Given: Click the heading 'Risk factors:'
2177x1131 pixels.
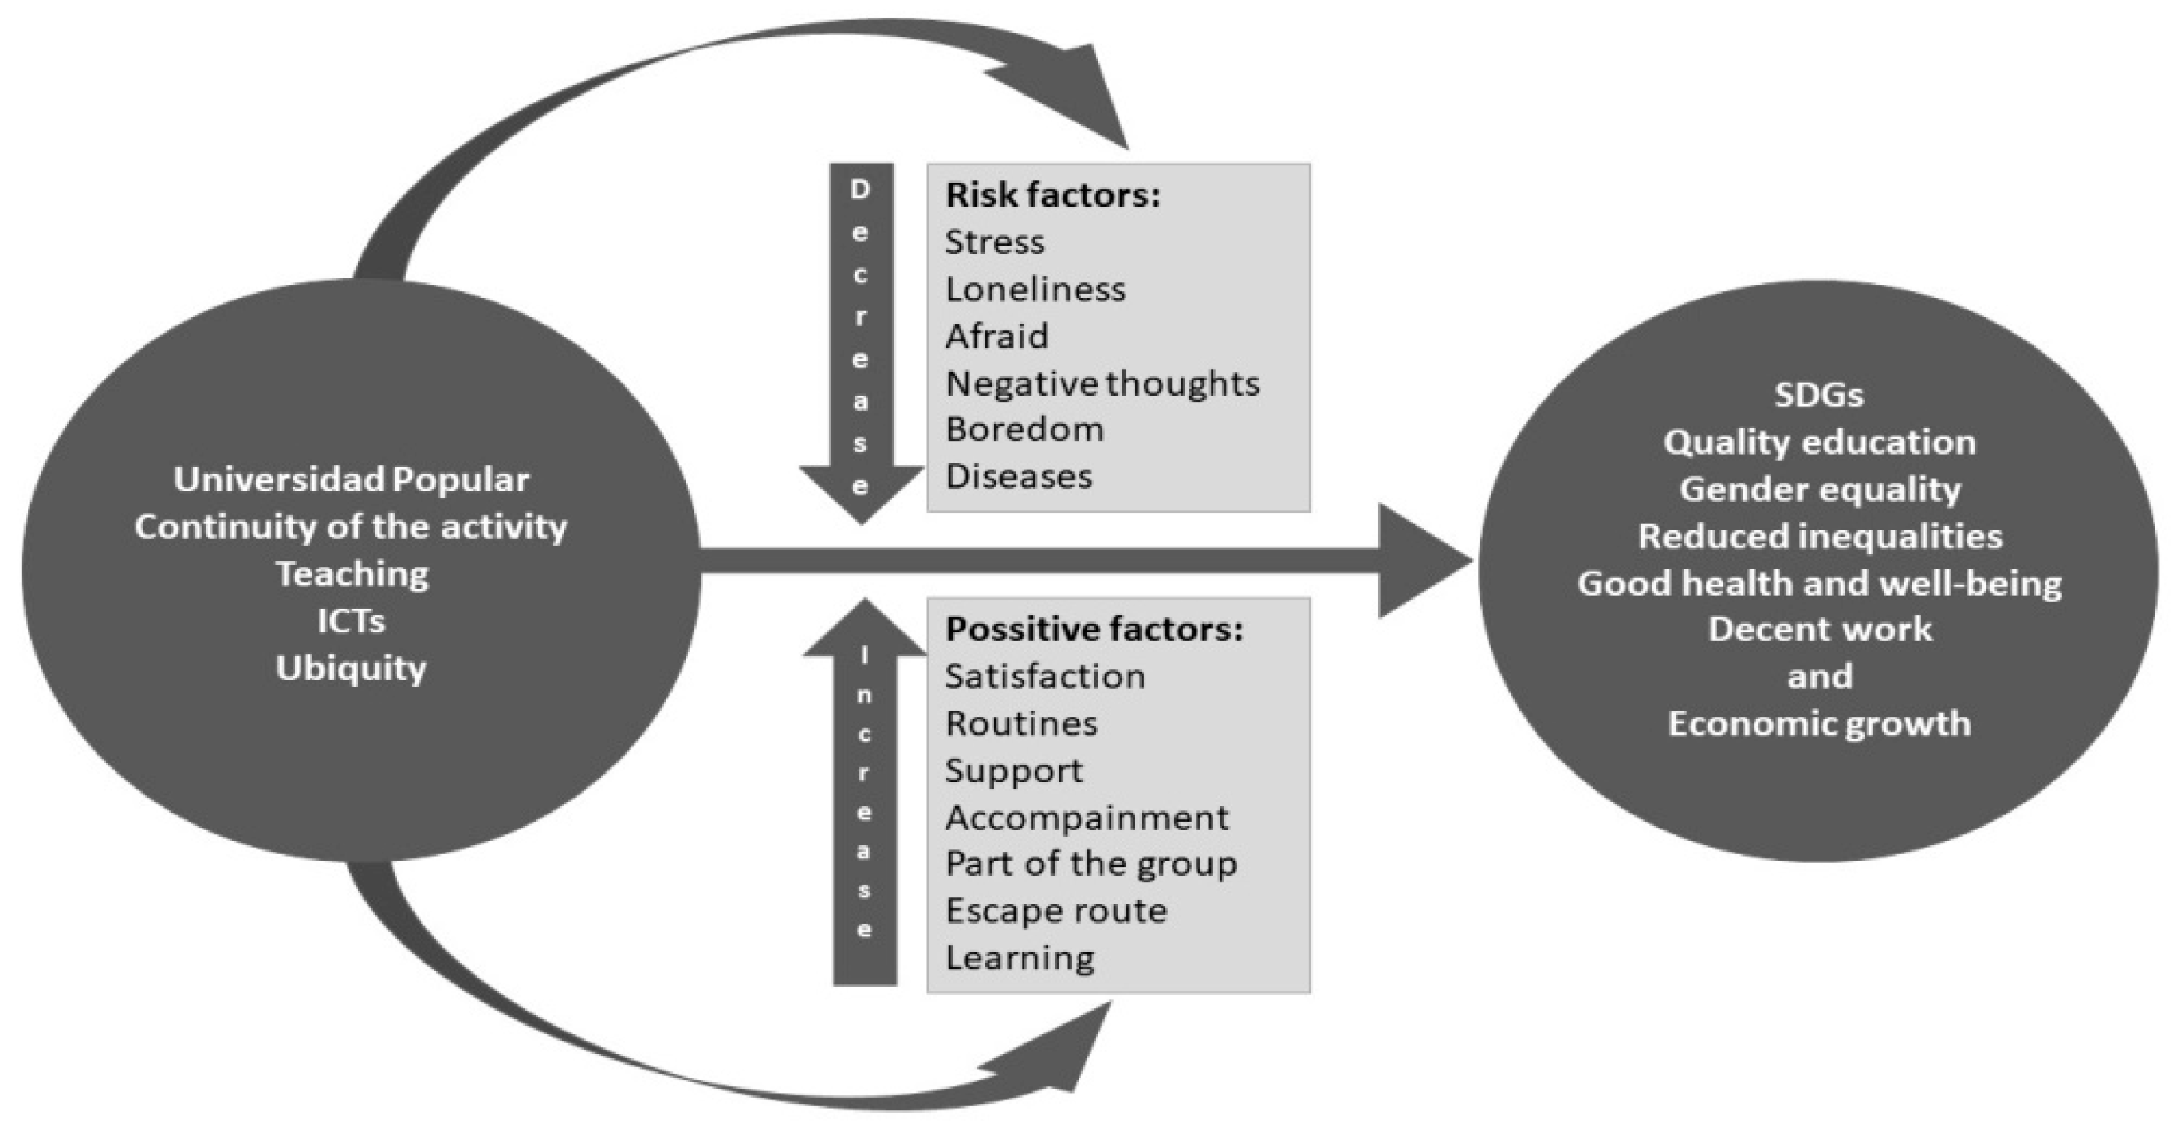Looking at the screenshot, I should [1052, 195].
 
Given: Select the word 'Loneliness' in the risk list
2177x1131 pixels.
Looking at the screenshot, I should [1035, 290].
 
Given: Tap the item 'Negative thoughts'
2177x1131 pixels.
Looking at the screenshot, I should [1102, 384].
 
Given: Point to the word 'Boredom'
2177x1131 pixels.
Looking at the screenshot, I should [1024, 429].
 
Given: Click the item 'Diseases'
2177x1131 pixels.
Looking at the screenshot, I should [1019, 477].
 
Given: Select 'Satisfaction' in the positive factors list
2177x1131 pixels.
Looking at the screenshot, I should [1044, 676].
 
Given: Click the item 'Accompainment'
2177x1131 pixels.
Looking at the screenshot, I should [1087, 818].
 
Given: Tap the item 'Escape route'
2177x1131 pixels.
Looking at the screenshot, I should [1055, 910].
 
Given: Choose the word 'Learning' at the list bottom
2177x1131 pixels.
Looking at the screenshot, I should [1020, 958].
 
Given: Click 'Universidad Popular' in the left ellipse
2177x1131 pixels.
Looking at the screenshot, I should [351, 480].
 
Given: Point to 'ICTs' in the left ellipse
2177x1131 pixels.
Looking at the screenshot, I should [351, 621].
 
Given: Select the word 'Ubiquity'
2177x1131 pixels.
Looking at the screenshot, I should [351, 668].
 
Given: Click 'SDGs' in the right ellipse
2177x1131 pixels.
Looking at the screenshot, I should [1817, 396].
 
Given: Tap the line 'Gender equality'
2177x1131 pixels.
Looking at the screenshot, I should [1818, 490].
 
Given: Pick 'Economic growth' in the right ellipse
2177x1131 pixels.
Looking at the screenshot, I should [1818, 723].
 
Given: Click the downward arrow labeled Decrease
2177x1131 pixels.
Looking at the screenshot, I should [860, 338].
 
